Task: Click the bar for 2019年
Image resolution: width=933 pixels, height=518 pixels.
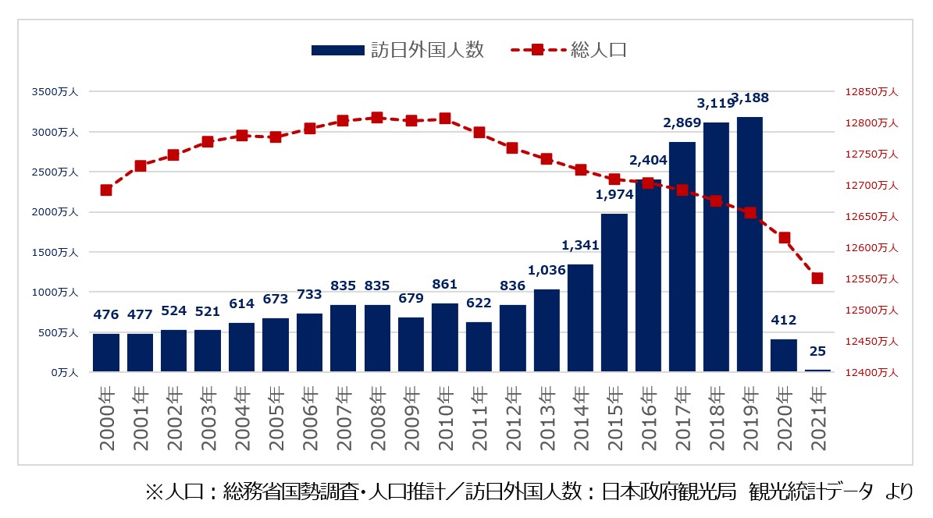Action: pyautogui.click(x=750, y=244)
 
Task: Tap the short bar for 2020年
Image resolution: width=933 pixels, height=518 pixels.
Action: pyautogui.click(x=783, y=356)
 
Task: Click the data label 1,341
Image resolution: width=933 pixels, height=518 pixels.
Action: pyautogui.click(x=580, y=246)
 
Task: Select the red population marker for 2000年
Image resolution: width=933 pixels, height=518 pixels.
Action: pyautogui.click(x=106, y=190)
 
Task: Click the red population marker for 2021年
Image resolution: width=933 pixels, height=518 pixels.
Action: pyautogui.click(x=817, y=279)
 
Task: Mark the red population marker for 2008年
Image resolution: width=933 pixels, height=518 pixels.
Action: pyautogui.click(x=377, y=118)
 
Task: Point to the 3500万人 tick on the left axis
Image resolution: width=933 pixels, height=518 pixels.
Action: pyautogui.click(x=55, y=92)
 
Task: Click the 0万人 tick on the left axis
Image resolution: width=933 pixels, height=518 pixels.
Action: pyautogui.click(x=62, y=373)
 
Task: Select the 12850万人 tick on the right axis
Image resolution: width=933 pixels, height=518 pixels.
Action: pyautogui.click(x=871, y=92)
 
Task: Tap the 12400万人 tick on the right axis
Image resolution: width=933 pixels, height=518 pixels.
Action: pyautogui.click(x=871, y=373)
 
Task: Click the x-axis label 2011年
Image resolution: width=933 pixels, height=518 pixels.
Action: pyautogui.click(x=479, y=419)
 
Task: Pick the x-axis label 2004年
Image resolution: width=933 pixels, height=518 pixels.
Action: pyautogui.click(x=242, y=419)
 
